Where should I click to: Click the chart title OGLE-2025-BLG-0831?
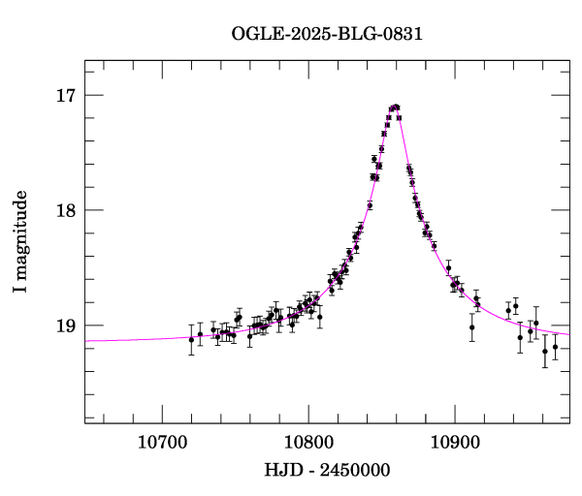click(x=327, y=34)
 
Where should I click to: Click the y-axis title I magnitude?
click(x=20, y=241)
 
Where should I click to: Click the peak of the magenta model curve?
click(x=395, y=107)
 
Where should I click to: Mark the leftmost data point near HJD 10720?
click(x=191, y=340)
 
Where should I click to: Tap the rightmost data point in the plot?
click(x=555, y=347)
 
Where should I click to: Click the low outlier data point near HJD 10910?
click(x=471, y=327)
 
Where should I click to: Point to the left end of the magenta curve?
click(x=85, y=341)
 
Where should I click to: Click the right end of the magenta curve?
click(x=569, y=334)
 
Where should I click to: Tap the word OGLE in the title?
click(x=254, y=34)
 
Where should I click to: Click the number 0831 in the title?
click(x=404, y=34)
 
